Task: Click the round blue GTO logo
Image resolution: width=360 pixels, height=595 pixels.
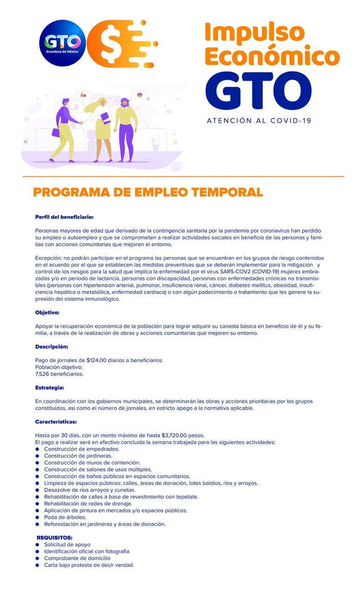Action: tap(62, 43)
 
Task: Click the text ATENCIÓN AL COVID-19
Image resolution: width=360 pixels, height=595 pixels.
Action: tap(259, 120)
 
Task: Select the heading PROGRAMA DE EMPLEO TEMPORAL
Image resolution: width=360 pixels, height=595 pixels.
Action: tap(148, 192)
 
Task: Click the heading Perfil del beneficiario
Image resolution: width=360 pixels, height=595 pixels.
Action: tap(65, 217)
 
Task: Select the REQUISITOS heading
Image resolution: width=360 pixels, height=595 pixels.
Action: tap(54, 538)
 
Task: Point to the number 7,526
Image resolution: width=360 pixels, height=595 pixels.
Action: tap(43, 374)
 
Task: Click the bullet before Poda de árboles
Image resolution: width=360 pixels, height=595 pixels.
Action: tap(38, 517)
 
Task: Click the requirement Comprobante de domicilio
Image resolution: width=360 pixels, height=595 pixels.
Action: tap(77, 558)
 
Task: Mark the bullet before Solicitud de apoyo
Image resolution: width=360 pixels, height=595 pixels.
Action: tap(38, 545)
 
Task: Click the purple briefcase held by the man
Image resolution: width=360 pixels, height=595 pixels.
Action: tap(56, 132)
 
